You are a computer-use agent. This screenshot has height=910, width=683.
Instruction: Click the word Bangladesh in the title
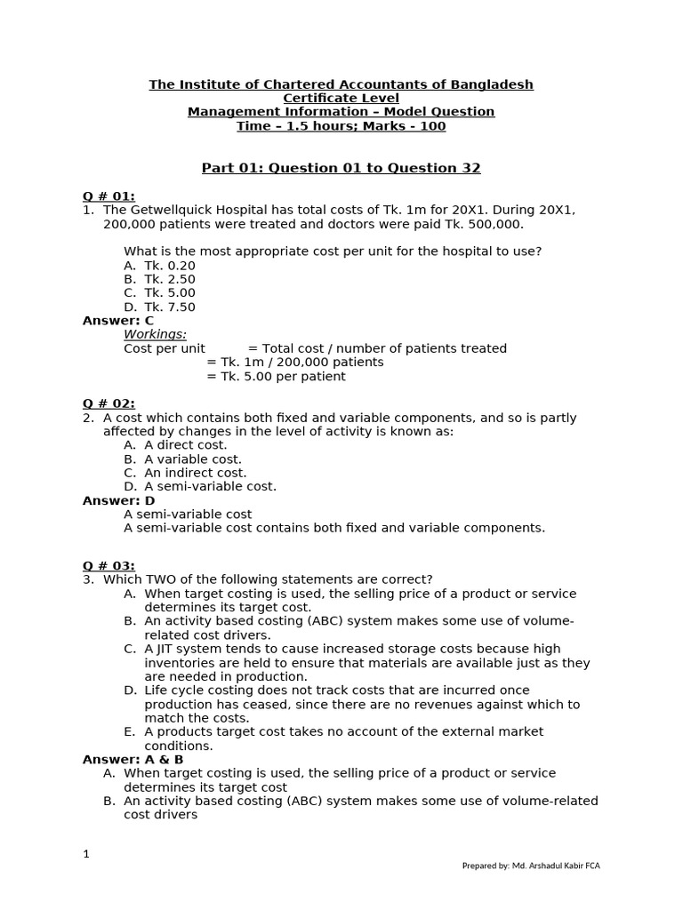click(x=492, y=84)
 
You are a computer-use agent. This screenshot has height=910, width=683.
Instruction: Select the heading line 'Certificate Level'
click(x=341, y=98)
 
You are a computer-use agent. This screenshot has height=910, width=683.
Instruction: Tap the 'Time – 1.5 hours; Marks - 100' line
click(x=341, y=126)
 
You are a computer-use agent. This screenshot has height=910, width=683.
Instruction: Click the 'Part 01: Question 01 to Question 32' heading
click(x=341, y=168)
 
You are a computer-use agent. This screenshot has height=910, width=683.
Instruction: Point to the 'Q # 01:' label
click(x=108, y=196)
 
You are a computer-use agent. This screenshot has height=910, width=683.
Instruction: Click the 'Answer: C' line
click(x=118, y=320)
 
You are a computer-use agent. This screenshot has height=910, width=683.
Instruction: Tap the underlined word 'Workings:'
click(x=155, y=334)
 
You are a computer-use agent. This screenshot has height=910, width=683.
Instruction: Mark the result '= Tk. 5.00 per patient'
click(x=276, y=376)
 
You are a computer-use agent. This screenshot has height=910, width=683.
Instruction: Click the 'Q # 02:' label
click(x=108, y=403)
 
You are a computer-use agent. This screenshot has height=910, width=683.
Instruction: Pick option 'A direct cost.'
click(x=185, y=444)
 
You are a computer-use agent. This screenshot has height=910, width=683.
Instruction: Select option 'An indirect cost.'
click(x=195, y=473)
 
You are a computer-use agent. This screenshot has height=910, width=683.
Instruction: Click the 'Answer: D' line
click(x=118, y=500)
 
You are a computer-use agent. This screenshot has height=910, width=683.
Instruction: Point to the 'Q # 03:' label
click(x=108, y=565)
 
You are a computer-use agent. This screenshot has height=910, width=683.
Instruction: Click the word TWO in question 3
click(x=160, y=579)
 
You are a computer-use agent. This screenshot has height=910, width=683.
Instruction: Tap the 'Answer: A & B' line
click(x=133, y=759)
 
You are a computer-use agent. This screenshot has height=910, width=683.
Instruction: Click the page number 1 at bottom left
click(x=86, y=854)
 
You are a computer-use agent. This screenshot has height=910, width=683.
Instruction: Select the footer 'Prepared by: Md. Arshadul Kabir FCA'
click(x=531, y=866)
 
